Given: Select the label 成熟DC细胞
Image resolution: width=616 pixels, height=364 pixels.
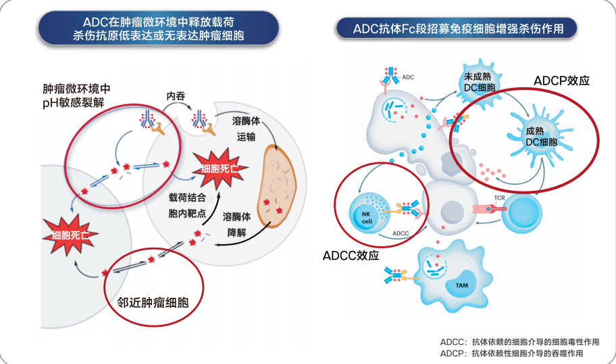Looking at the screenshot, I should (x=541, y=137).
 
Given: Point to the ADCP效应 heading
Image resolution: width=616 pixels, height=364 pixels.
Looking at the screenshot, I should (x=562, y=81).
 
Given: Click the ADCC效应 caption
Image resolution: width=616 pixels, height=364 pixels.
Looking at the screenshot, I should (x=351, y=256).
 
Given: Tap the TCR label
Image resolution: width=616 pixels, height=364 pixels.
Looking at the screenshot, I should (x=499, y=198).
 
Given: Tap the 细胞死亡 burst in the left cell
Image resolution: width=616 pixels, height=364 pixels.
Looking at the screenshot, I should (x=70, y=235).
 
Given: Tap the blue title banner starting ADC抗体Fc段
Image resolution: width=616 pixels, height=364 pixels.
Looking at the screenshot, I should (x=459, y=28).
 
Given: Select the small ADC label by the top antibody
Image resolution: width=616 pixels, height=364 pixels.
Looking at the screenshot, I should (x=408, y=77).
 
